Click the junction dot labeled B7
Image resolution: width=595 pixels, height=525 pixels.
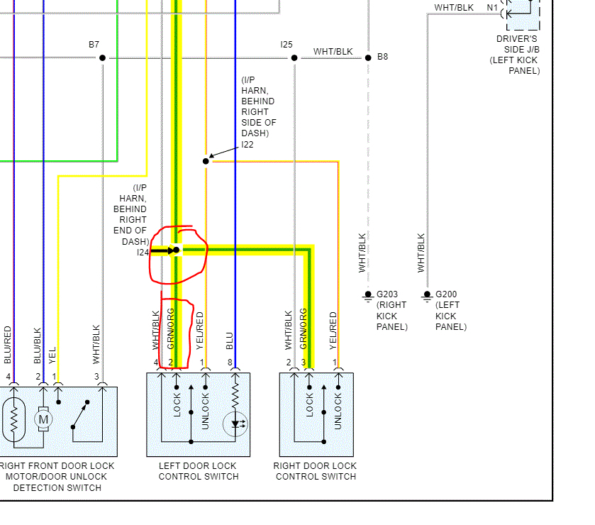click(102, 57)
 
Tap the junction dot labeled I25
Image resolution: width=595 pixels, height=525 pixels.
click(294, 57)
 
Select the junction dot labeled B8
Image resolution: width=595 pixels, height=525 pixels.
click(368, 57)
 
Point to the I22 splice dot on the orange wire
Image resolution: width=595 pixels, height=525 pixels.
click(206, 161)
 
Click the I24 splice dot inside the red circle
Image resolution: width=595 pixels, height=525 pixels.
click(177, 250)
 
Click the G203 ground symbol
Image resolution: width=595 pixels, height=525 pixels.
click(367, 294)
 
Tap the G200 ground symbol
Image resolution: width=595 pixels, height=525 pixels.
click(427, 294)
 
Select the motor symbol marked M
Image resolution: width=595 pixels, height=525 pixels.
click(44, 419)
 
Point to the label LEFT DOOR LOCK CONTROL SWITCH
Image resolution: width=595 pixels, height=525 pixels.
click(198, 471)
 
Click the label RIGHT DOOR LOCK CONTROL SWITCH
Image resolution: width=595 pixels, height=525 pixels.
click(316, 471)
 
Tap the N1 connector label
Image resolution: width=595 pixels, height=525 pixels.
click(492, 8)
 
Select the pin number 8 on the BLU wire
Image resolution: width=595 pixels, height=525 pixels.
click(230, 363)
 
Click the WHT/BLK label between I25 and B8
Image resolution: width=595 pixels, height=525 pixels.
click(333, 52)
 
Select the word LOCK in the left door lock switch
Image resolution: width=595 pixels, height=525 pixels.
click(177, 405)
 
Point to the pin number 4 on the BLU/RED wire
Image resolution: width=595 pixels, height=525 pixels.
click(9, 376)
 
